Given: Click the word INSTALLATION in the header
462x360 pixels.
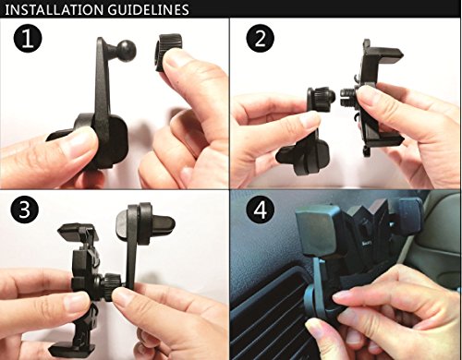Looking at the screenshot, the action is [x=51, y=9].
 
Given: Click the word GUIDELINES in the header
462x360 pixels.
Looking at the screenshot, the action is [x=144, y=9].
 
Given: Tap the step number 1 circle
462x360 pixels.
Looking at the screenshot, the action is [x=28, y=39].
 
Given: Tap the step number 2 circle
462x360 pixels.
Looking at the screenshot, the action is [x=261, y=39].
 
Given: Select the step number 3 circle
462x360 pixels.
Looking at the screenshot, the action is [x=25, y=210].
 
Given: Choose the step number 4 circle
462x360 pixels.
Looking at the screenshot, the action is [x=261, y=211].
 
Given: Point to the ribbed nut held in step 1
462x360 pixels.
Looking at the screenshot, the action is [x=166, y=51].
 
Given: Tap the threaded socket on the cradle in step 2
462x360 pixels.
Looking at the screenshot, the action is [x=348, y=95].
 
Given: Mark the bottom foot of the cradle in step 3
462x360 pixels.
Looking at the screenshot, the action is [x=72, y=349].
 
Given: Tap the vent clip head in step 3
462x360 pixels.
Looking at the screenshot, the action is [x=145, y=224].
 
